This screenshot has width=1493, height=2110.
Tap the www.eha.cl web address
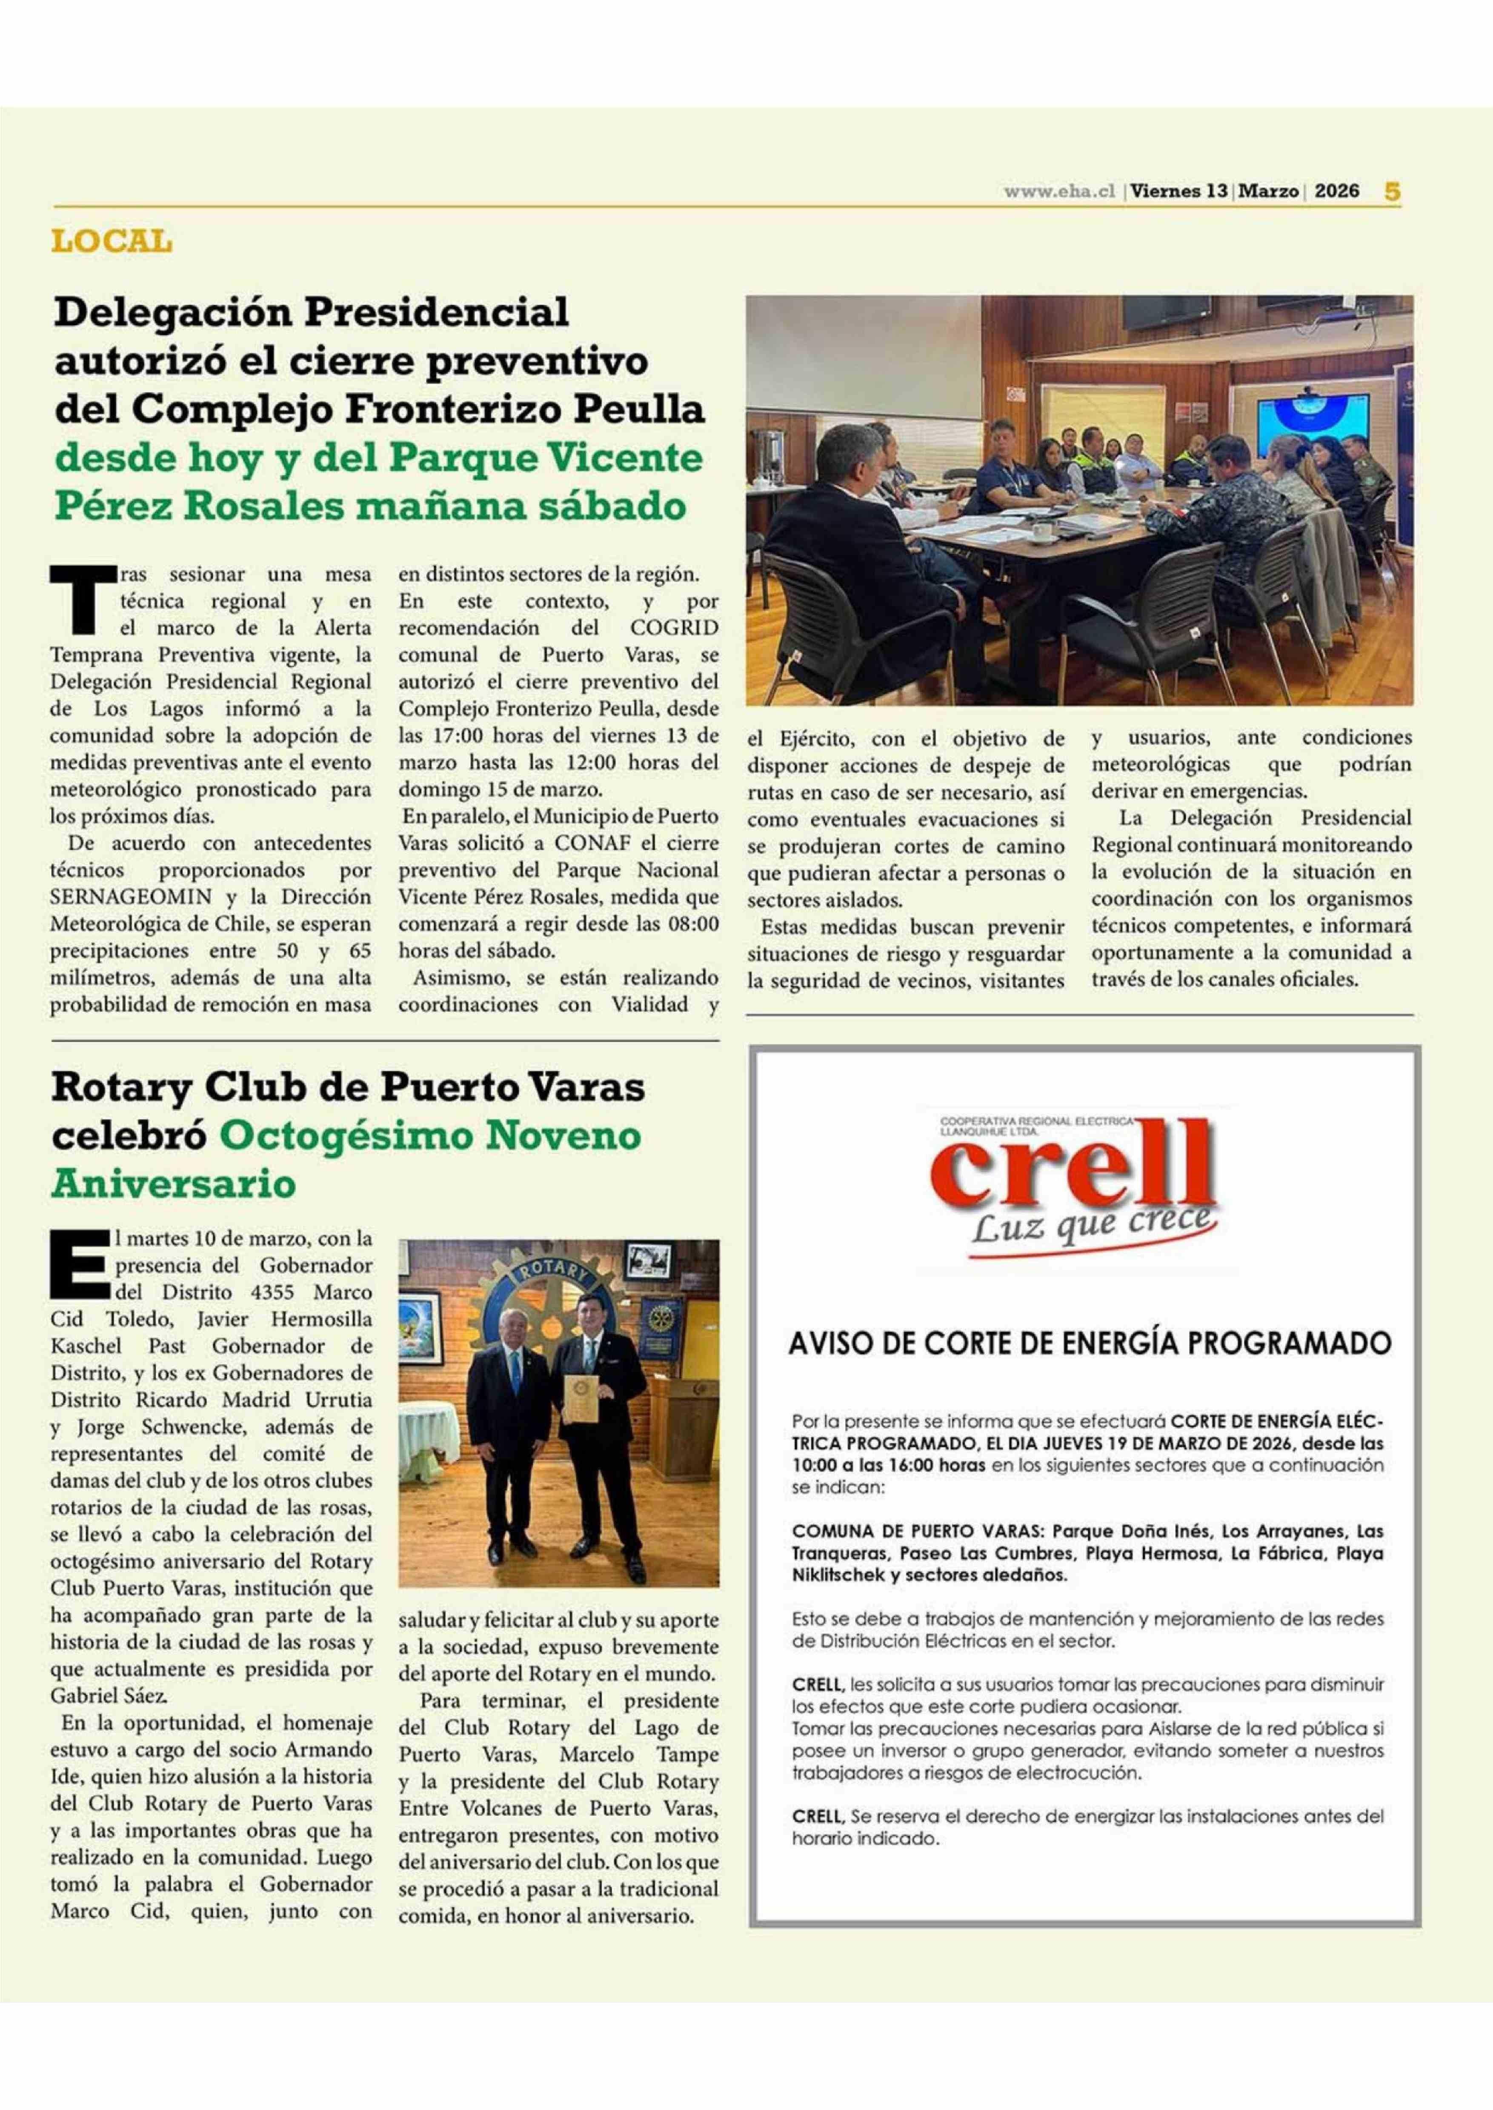pyautogui.click(x=1059, y=191)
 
